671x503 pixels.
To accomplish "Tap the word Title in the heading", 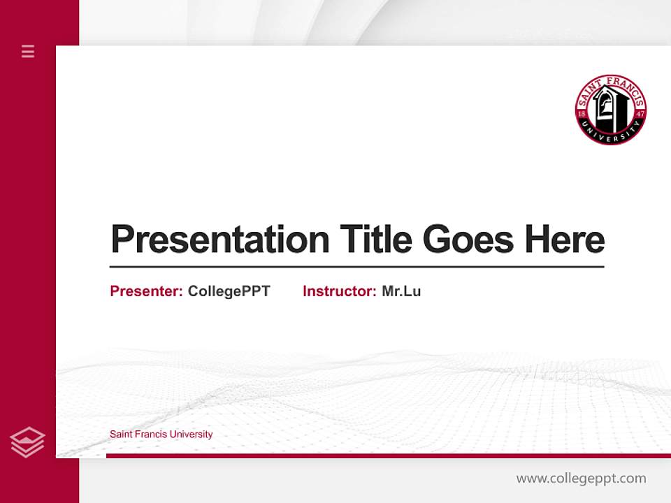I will click(x=375, y=240).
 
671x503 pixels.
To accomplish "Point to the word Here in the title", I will click(x=565, y=240).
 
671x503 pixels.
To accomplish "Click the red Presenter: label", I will click(x=146, y=291).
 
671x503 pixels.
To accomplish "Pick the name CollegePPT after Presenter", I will click(x=229, y=291).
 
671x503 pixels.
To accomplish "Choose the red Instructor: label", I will click(x=339, y=291).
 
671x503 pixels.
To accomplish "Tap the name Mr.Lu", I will click(x=401, y=291).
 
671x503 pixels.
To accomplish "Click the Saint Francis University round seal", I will click(x=610, y=110).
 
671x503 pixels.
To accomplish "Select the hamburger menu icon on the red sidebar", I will click(x=28, y=51).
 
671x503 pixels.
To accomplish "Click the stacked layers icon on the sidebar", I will click(x=27, y=442).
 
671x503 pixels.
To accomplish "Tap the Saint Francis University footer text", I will click(x=161, y=435).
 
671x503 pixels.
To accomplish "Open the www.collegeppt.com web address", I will click(x=581, y=479).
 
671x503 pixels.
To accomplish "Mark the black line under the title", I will click(x=356, y=266).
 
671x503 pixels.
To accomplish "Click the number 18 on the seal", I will click(x=582, y=113).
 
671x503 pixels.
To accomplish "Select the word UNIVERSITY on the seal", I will click(x=610, y=134).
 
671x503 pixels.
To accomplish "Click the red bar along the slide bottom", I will click(x=388, y=455).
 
